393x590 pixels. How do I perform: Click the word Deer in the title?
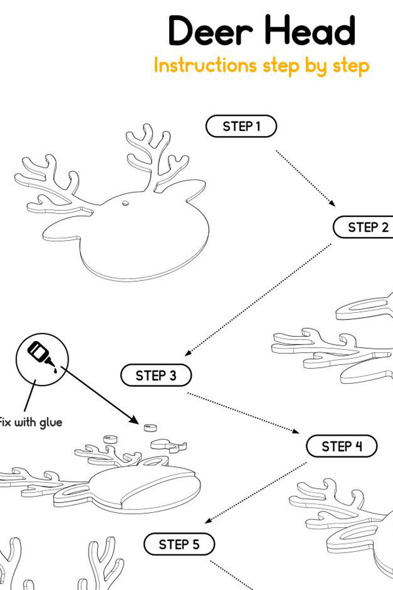(x=210, y=31)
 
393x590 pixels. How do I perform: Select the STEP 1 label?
(x=241, y=126)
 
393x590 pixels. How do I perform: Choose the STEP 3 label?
(x=156, y=375)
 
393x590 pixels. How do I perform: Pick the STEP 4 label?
(x=342, y=446)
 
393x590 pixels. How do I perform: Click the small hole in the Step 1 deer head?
(x=125, y=203)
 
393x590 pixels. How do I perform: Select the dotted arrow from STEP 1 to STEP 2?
(x=305, y=178)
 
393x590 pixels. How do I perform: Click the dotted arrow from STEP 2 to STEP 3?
(x=258, y=300)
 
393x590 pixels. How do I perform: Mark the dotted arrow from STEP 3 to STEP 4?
(x=243, y=412)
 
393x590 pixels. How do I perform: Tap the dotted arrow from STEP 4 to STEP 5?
(x=255, y=492)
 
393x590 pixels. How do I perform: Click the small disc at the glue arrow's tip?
(x=150, y=428)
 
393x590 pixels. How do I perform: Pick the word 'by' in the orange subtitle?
(x=315, y=66)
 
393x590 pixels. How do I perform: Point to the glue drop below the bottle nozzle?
(x=55, y=371)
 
